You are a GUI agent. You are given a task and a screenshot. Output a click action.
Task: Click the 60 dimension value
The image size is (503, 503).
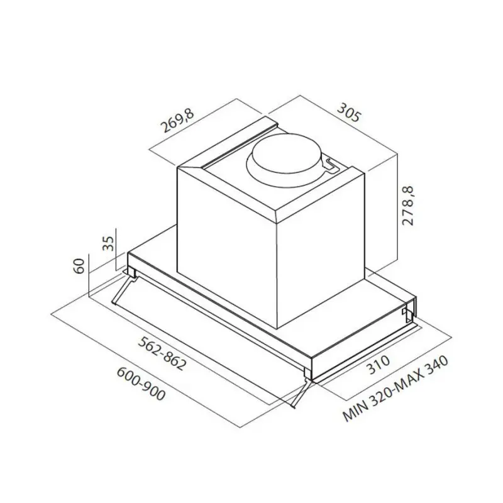[79, 266]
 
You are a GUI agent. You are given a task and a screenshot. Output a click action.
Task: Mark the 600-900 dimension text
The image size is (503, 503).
[140, 383]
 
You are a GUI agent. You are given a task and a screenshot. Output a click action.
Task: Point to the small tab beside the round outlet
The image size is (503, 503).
[330, 164]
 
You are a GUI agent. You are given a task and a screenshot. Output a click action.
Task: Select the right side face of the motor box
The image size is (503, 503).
[321, 251]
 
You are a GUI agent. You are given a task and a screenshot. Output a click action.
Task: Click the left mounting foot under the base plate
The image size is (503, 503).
[133, 272]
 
